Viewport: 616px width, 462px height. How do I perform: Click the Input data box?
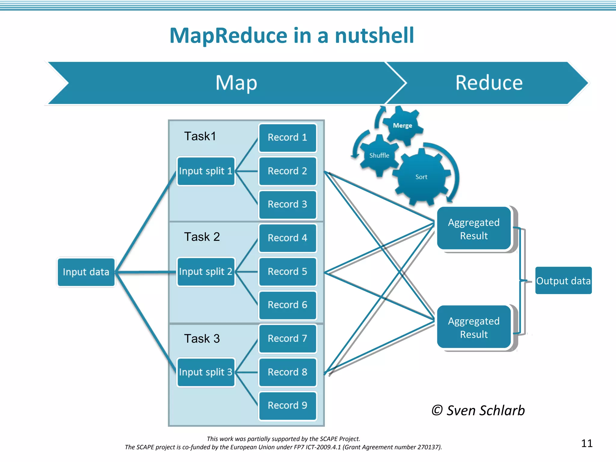(86, 272)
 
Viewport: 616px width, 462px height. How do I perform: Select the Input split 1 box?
(206, 171)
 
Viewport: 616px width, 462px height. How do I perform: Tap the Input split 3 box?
(206, 372)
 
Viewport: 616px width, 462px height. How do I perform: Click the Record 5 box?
(288, 271)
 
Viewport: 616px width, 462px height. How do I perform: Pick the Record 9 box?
(288, 405)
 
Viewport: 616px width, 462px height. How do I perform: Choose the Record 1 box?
(288, 137)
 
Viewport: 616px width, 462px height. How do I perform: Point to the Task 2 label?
(202, 237)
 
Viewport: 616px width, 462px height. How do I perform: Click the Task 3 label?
(202, 339)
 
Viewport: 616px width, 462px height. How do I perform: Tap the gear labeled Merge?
(402, 125)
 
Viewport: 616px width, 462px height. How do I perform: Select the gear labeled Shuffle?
(379, 156)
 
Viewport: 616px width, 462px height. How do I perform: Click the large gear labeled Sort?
(421, 177)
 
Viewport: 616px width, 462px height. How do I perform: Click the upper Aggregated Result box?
(474, 229)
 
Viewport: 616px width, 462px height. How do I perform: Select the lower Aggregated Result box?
(474, 327)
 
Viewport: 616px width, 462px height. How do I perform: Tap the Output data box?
(563, 281)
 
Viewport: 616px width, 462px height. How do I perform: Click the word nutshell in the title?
(374, 35)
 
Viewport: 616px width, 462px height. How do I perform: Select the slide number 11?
(587, 443)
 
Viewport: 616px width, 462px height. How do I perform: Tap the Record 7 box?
(288, 338)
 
